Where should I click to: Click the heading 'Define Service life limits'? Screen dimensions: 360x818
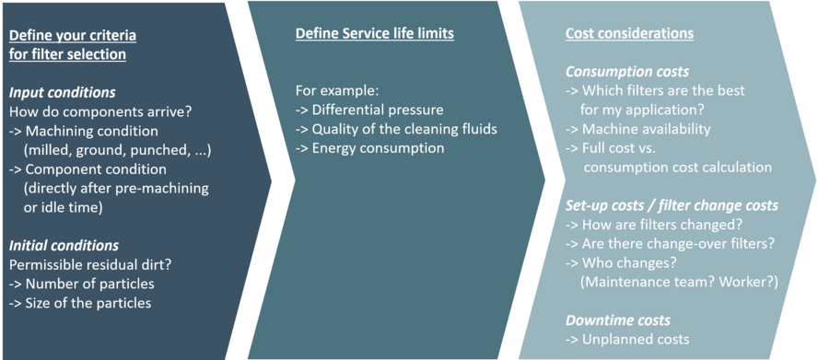point(374,34)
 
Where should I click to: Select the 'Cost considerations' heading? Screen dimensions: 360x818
point(629,34)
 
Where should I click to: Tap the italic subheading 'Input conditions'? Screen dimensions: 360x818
point(62,93)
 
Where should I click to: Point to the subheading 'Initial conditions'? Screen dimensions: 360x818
point(64,246)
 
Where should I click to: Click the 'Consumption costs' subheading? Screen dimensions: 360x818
point(626,72)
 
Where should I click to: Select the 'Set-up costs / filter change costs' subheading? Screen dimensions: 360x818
point(672,205)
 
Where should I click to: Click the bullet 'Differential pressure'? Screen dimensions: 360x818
point(369,110)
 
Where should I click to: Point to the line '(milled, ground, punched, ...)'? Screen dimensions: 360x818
point(118,150)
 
